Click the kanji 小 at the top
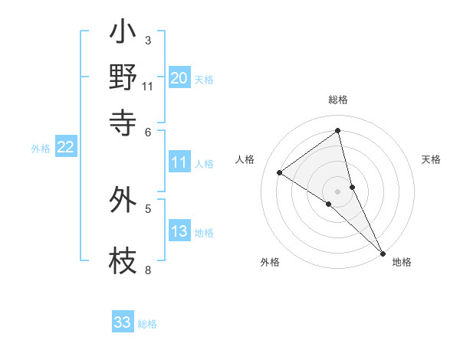(123, 34)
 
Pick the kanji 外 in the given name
(123, 200)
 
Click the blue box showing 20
(179, 78)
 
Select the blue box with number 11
(179, 162)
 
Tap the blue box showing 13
(179, 232)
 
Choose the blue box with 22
(66, 148)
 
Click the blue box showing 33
(123, 322)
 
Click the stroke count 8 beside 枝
(147, 270)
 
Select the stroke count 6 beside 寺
(148, 133)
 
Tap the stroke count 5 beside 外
(148, 208)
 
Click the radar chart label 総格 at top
(338, 100)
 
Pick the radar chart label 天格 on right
(431, 159)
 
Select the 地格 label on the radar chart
(402, 262)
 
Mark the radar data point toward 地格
(382, 252)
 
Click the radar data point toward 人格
(280, 172)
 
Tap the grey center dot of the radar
(338, 191)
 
